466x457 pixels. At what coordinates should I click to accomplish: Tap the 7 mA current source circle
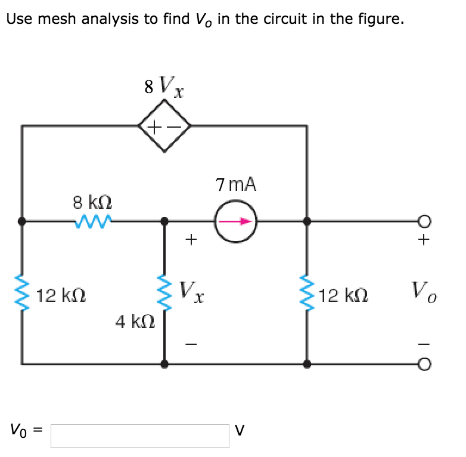(236, 221)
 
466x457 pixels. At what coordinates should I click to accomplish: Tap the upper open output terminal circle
(424, 221)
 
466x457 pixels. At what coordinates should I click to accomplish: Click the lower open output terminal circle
(424, 363)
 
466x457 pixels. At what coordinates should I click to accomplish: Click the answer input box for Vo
(139, 436)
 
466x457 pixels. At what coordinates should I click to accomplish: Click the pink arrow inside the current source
(235, 221)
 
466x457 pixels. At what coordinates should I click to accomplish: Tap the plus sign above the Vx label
(190, 240)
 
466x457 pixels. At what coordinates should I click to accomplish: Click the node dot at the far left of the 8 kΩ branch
(23, 221)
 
